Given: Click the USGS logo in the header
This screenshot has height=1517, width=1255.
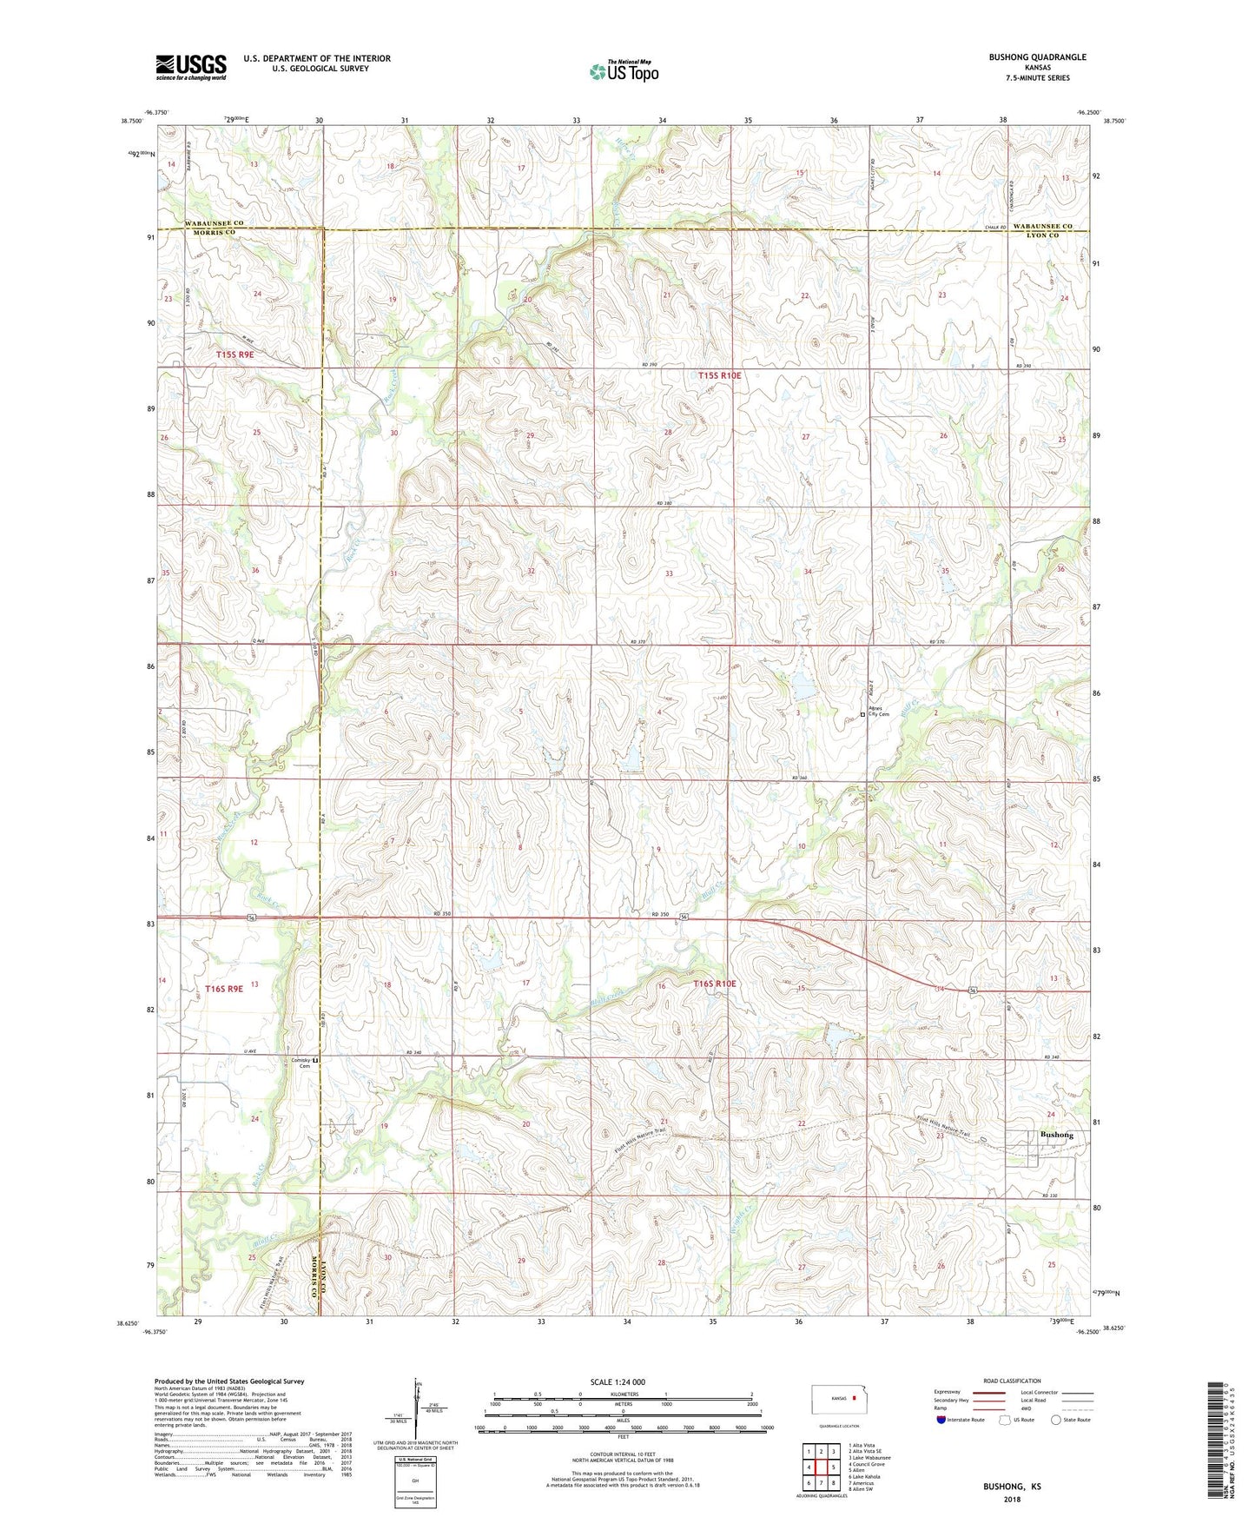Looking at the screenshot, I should pos(191,67).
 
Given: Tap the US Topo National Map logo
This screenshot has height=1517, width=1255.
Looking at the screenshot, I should pos(623,71).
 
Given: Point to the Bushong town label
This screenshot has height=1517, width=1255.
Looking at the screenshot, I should pos(1056,1135).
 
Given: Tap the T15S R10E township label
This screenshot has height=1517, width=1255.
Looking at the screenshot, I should pos(720,375).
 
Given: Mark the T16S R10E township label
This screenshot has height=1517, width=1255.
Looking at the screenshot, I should pos(715,984).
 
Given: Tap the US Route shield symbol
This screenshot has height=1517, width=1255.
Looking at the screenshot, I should pos(1006,1420).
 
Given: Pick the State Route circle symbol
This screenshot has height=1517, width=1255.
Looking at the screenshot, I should pos(1056,1420).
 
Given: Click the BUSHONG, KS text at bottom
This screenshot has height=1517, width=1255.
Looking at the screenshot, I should pos(1012,1487).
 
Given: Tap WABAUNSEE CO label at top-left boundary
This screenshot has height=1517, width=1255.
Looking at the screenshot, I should pos(214,223).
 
